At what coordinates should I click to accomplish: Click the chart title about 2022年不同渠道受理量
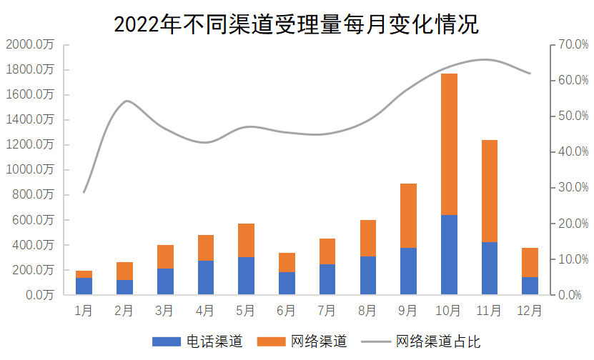[x=297, y=24]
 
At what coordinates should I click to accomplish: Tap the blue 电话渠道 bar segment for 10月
[x=449, y=254]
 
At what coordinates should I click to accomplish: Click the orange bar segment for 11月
[x=490, y=191]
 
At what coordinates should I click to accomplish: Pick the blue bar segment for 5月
[x=246, y=276]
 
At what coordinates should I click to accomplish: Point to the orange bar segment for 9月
[x=408, y=216]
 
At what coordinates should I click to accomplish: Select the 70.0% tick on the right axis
[x=573, y=44]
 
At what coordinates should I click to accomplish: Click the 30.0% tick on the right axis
[x=573, y=187]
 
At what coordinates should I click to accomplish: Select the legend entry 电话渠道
[x=213, y=341]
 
